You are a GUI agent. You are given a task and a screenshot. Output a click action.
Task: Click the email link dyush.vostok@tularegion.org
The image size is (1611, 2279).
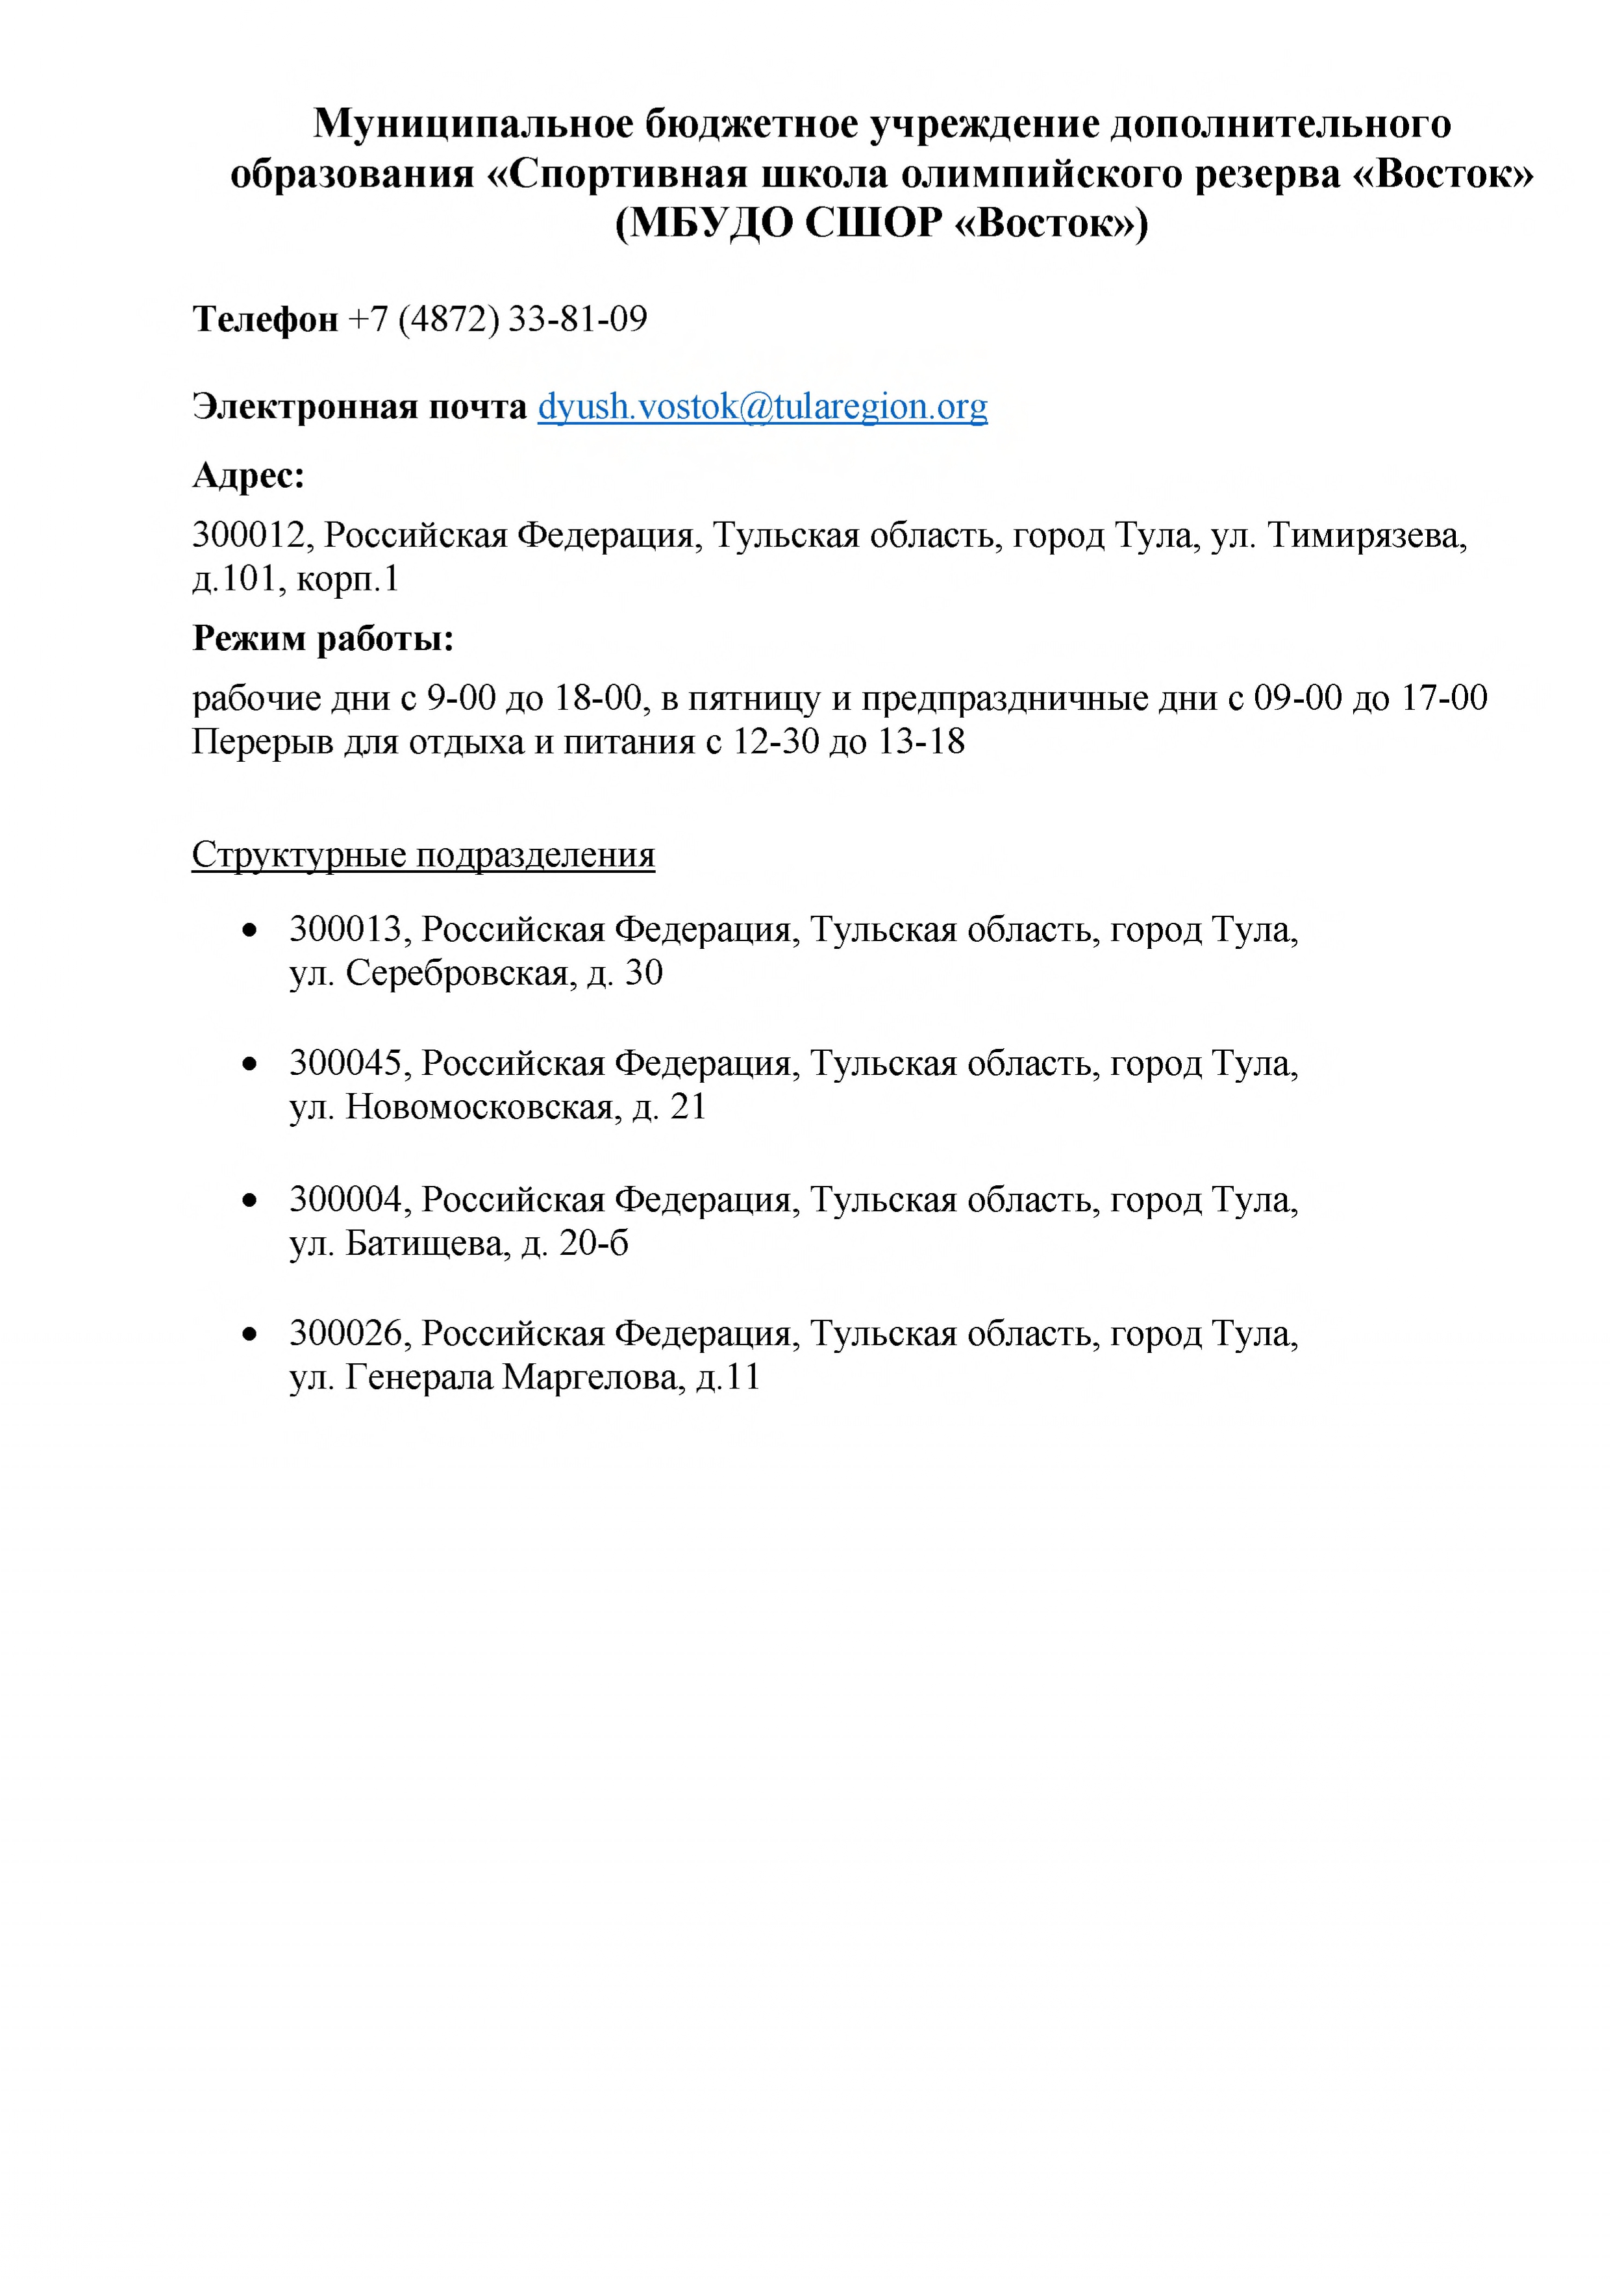762,407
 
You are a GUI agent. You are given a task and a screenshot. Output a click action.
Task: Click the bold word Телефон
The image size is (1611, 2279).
265,320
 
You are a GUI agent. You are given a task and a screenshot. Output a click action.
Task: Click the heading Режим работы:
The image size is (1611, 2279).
323,638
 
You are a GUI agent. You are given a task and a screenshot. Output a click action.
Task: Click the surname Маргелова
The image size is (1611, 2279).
593,1378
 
